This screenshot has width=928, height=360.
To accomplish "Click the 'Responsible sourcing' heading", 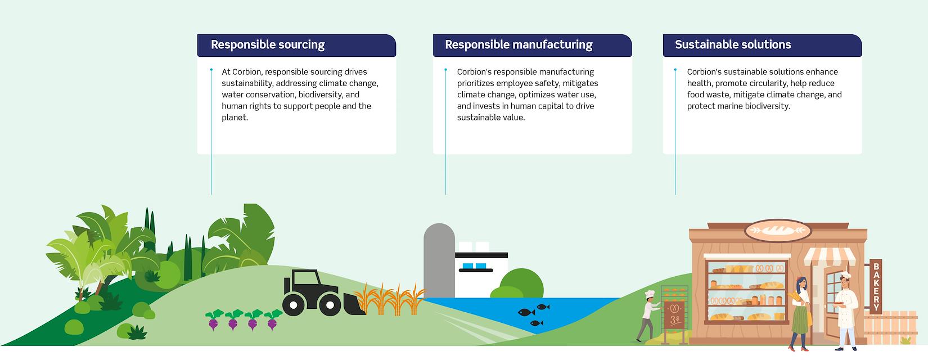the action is [268, 45].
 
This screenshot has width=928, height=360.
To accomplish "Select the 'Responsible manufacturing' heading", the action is [519, 45].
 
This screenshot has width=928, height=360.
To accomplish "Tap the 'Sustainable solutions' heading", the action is [733, 45].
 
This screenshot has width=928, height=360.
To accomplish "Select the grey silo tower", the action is [439, 260].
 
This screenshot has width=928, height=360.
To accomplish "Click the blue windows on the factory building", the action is [474, 266].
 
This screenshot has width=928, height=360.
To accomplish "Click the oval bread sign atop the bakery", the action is [778, 231].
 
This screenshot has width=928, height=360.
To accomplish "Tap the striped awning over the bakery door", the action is [830, 257].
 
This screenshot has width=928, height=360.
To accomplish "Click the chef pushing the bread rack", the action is [647, 316].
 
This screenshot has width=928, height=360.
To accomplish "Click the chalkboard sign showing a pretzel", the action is [674, 315].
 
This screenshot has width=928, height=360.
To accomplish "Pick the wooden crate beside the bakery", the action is [891, 327].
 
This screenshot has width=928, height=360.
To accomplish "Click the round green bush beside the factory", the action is [521, 283].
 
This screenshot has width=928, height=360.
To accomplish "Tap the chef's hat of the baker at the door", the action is [845, 274].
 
